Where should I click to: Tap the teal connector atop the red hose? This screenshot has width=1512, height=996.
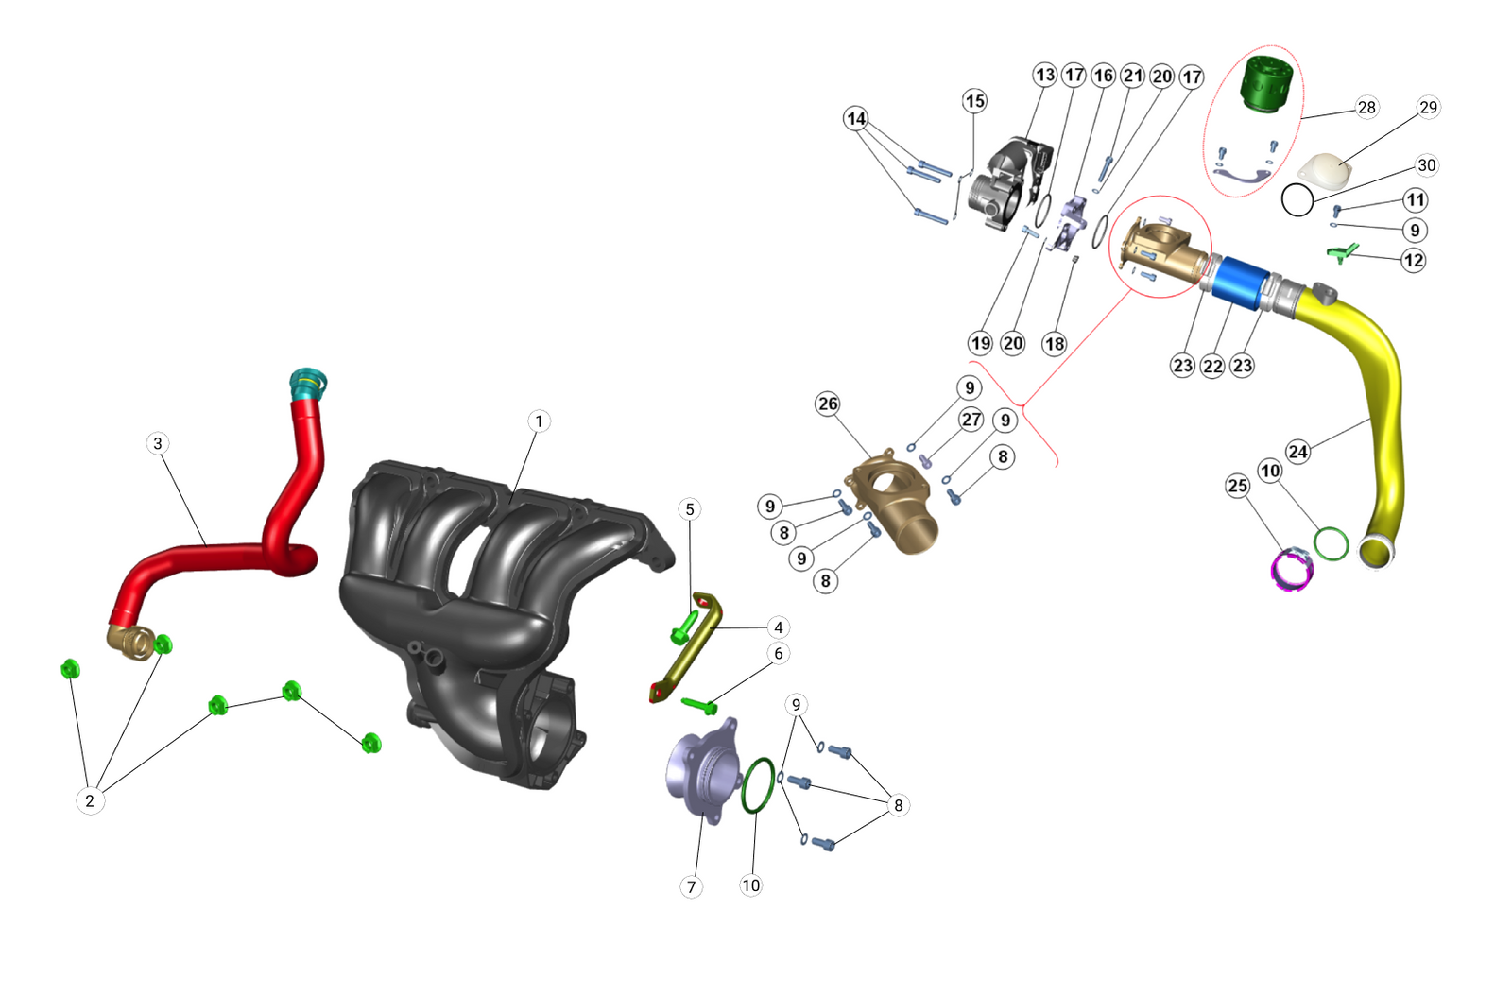[x=307, y=384]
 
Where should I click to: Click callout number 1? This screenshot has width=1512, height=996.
[x=539, y=421]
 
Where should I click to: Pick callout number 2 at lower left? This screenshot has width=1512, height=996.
[x=90, y=800]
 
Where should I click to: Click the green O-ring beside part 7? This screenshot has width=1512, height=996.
[x=757, y=784]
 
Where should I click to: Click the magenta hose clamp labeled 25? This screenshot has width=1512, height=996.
[x=1291, y=570]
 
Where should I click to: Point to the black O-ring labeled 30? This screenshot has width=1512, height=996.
[x=1297, y=200]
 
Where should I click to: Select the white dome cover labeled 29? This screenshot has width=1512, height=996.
[x=1326, y=172]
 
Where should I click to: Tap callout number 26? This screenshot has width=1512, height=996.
[x=828, y=404]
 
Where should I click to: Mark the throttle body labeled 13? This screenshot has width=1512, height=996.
[x=1006, y=184]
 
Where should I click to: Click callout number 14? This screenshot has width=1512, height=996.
[x=856, y=118]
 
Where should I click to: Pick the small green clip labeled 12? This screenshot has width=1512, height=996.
[x=1342, y=251]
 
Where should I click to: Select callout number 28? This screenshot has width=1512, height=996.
[x=1366, y=107]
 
